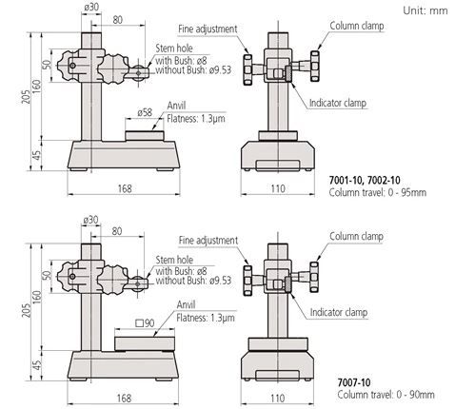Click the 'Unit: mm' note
coord(426,10)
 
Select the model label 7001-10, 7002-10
coord(365,180)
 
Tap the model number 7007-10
coord(354,382)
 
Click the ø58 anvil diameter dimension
coord(145,112)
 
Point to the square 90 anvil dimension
coord(145,323)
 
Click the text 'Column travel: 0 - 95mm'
coord(377,192)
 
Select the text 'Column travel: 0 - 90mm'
coord(386,395)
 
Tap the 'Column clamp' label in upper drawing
coord(357,26)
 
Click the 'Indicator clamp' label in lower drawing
coord(339,312)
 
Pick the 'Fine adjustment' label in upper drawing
coord(208,29)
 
